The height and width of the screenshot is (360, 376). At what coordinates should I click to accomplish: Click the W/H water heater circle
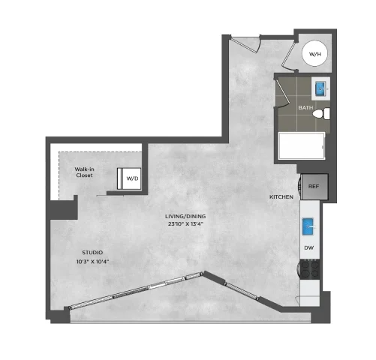click(x=314, y=53)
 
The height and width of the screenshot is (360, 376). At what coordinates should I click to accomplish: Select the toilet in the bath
click(x=321, y=113)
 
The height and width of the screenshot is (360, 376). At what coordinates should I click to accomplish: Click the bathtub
click(x=302, y=145)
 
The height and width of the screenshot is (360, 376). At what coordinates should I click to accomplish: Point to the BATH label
click(x=305, y=108)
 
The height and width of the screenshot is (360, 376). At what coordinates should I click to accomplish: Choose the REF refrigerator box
click(x=314, y=187)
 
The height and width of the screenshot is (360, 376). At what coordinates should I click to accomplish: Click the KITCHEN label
click(x=281, y=197)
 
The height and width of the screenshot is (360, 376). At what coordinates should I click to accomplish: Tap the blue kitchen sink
click(x=308, y=226)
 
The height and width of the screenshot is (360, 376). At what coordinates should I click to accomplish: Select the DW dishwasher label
click(x=309, y=247)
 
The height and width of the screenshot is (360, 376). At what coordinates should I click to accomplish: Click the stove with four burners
click(x=310, y=269)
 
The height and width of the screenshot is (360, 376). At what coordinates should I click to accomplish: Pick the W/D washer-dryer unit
click(x=129, y=178)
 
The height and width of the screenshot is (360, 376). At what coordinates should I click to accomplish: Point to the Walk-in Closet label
click(x=84, y=172)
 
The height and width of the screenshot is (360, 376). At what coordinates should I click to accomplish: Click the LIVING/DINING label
click(x=185, y=216)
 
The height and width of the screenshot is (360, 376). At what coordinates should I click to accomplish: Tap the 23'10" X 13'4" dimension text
click(x=185, y=223)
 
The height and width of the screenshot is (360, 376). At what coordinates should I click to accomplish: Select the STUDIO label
click(x=92, y=253)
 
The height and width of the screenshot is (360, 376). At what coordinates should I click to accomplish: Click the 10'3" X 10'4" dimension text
click(x=92, y=262)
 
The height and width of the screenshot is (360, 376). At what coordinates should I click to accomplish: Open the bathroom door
click(x=283, y=92)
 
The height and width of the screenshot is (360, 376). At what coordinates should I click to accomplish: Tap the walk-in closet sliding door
click(x=110, y=196)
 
